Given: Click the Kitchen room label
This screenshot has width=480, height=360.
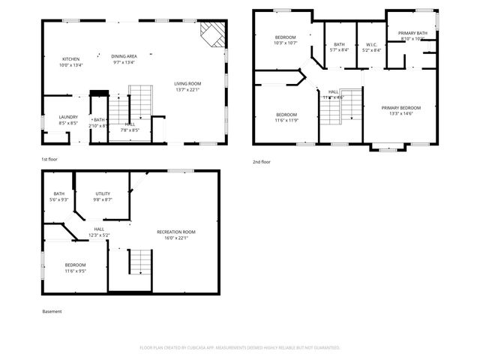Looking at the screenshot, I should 70,58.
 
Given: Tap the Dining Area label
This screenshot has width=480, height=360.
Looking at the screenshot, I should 124,56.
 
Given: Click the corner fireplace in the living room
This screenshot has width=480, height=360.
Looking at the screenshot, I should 212,33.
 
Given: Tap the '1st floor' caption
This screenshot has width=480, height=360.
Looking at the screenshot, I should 49,159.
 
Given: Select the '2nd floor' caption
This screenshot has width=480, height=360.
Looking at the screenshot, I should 261,161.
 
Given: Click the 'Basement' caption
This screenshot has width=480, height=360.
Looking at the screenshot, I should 52,311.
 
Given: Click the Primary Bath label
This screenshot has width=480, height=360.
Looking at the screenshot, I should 412,33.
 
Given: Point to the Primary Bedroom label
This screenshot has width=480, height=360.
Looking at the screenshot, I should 400,108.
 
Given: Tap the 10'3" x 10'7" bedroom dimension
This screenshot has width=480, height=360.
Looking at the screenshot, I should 285,43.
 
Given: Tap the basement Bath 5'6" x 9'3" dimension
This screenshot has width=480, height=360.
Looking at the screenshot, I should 58,199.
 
